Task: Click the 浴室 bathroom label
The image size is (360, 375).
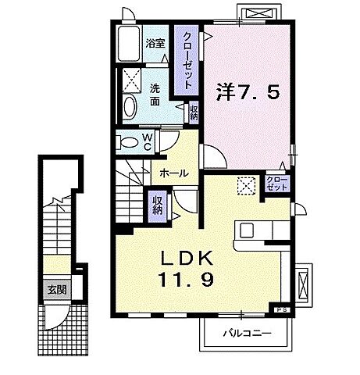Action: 154,44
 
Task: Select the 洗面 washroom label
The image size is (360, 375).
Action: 156,95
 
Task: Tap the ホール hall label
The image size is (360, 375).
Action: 172,173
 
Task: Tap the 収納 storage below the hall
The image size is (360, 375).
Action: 157,205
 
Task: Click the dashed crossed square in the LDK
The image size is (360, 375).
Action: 246,185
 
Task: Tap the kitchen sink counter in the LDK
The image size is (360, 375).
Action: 259,231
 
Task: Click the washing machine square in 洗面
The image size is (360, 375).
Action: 130,80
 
